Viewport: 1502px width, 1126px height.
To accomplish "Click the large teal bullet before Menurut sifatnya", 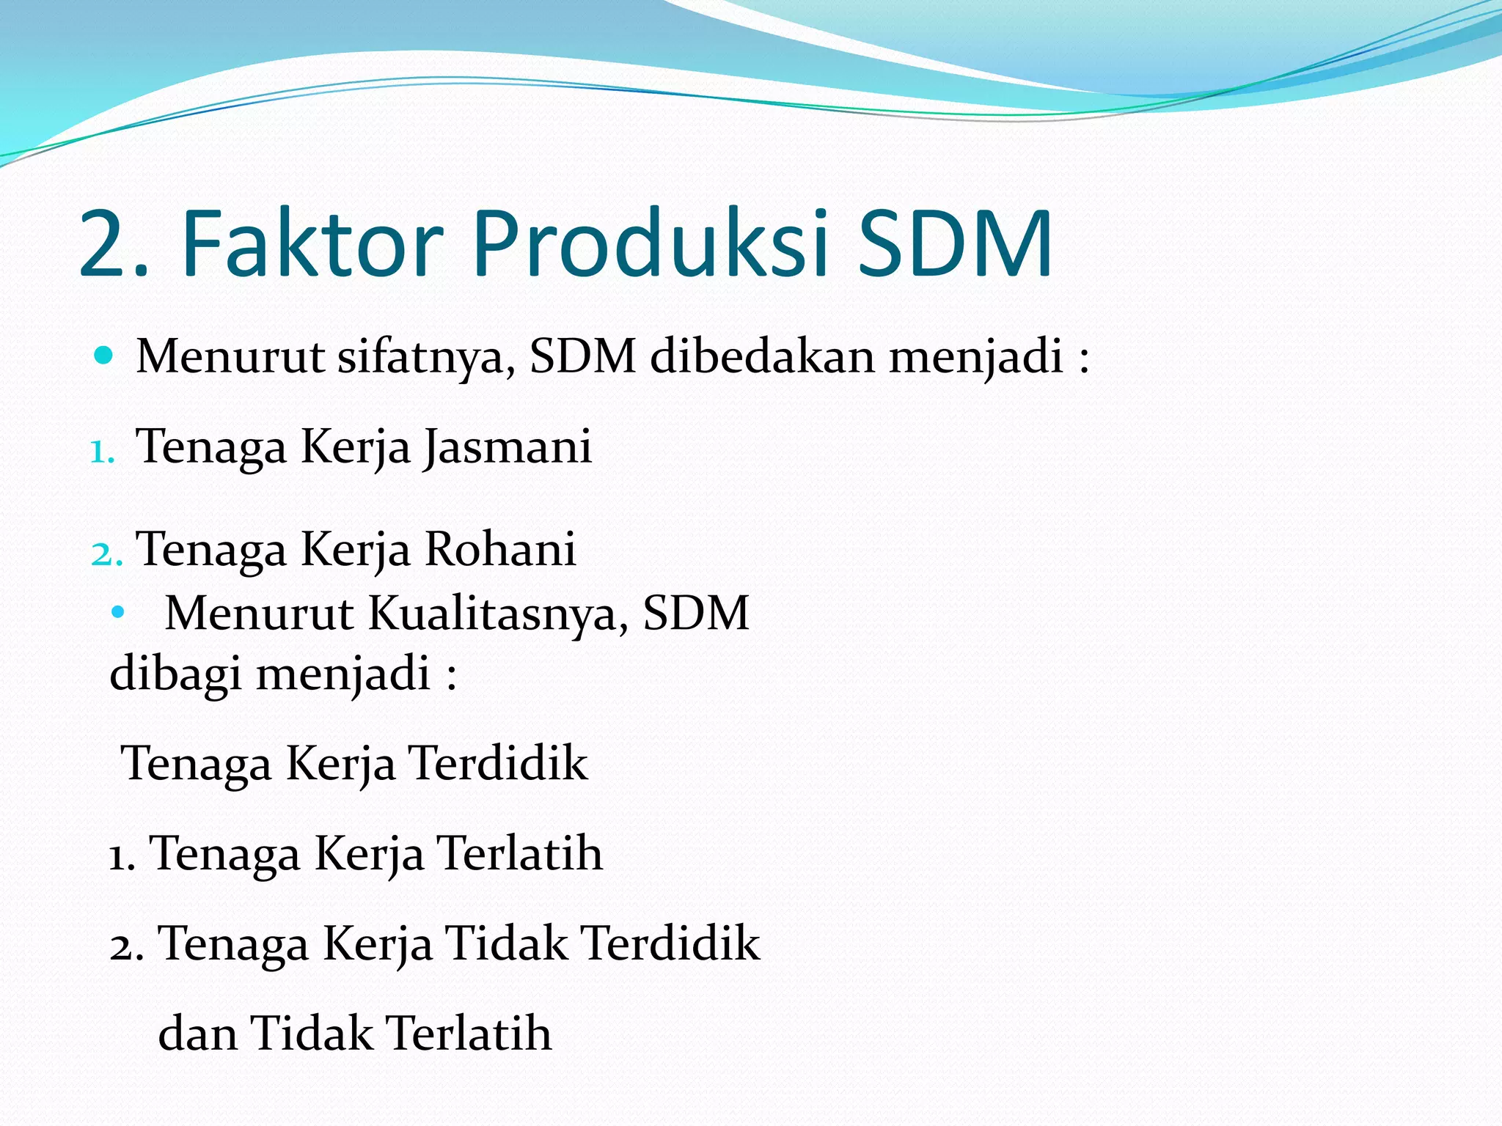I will (104, 356).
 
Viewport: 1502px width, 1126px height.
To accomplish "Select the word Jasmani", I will (508, 447).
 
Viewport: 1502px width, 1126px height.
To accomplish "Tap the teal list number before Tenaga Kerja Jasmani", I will (101, 452).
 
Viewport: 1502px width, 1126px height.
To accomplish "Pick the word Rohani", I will (500, 549).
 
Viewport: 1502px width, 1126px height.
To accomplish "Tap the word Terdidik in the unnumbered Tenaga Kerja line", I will (499, 764).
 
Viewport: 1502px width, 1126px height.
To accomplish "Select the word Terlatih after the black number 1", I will (520, 854).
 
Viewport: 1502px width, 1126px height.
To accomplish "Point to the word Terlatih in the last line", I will (469, 1034).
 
